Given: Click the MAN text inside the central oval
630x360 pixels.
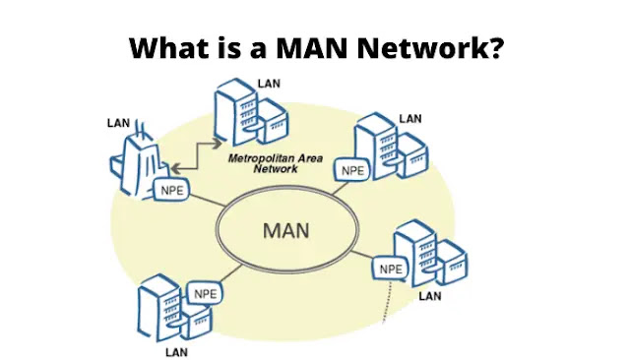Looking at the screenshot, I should (x=286, y=231).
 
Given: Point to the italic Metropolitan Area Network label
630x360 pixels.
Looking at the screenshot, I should (x=269, y=162).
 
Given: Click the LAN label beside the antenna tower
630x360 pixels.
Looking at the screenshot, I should (x=118, y=123).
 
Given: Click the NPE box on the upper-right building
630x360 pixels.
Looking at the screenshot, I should (x=352, y=169).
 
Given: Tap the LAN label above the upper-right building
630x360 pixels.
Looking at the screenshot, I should (x=409, y=119).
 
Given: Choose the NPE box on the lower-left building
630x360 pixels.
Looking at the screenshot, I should (x=205, y=293).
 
